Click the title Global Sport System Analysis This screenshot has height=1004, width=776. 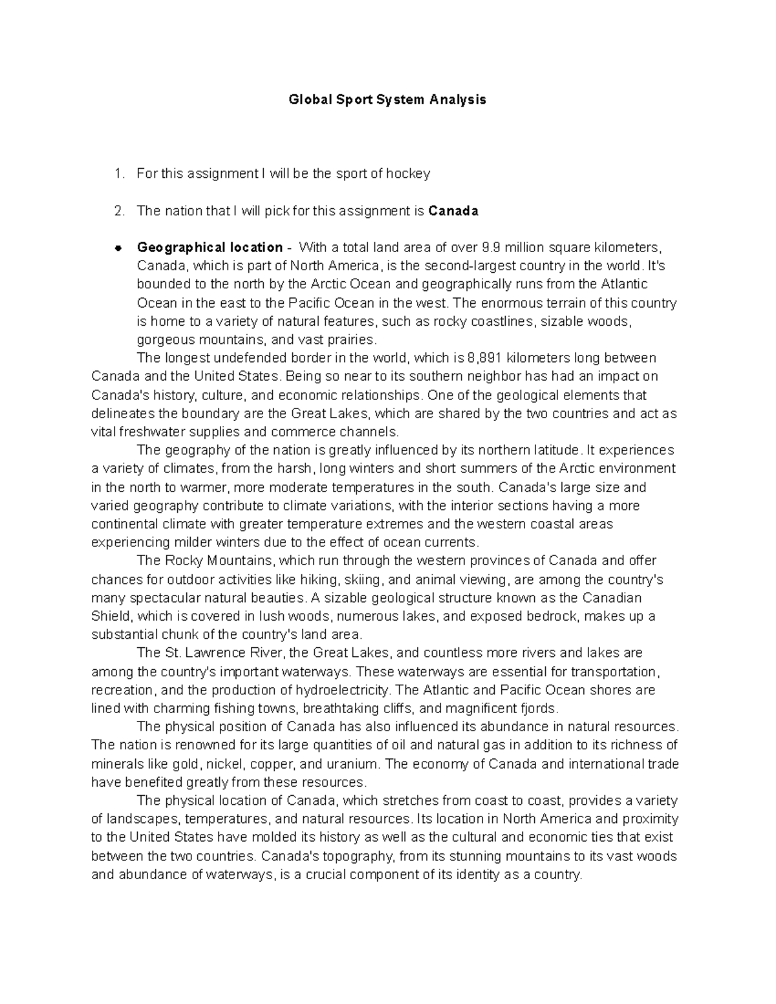(387, 100)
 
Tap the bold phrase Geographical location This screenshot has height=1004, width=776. (210, 248)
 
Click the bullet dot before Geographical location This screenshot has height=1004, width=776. (118, 248)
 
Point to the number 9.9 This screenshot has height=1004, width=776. (491, 248)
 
